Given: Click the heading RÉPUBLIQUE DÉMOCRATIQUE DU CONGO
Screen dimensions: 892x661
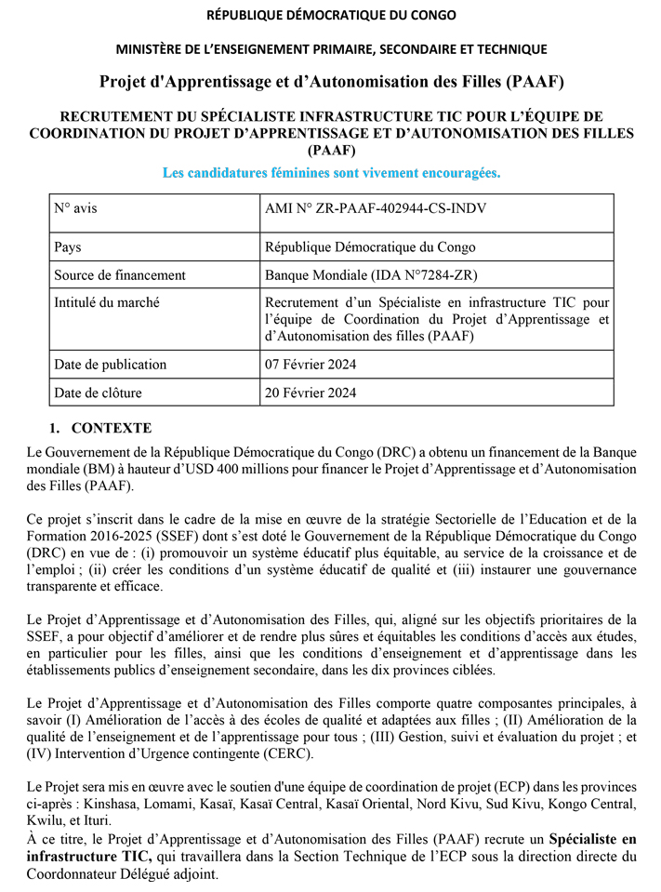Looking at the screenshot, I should pos(330,16).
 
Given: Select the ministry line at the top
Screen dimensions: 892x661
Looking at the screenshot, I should pos(330,49).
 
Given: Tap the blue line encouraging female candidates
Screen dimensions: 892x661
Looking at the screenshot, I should pos(330,173).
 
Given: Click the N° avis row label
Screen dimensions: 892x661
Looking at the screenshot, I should pos(75,208).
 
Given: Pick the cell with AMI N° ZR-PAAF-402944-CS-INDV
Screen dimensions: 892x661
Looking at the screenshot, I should pos(376,208).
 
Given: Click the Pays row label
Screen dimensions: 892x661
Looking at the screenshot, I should pos(71,247).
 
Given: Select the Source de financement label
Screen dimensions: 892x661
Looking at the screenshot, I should pos(120,275).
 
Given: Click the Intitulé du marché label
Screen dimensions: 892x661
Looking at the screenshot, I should pos(107,303).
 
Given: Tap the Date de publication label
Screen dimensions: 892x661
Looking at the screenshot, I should pos(111,365).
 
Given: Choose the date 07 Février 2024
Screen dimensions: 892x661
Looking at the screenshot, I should pos(311,365).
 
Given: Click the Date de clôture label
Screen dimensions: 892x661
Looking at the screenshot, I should pos(99,393).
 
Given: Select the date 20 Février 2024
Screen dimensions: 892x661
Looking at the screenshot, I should pos(311,393).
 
